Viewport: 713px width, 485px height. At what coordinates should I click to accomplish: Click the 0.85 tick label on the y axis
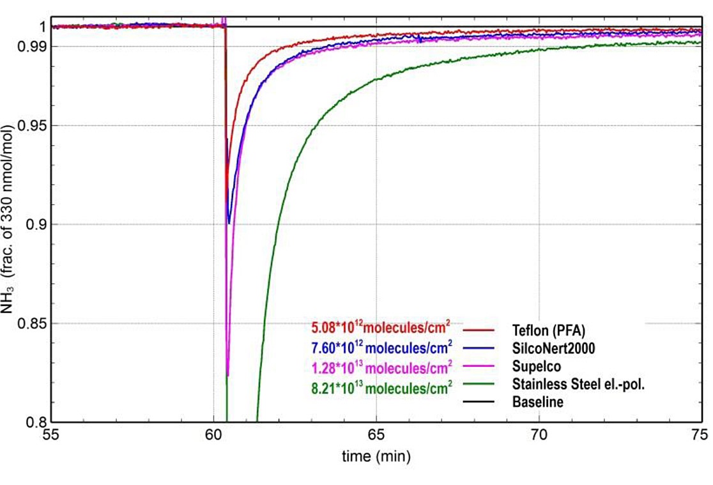point(29,323)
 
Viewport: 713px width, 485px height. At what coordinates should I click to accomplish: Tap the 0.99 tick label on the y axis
point(29,46)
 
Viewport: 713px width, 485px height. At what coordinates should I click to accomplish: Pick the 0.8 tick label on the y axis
point(33,422)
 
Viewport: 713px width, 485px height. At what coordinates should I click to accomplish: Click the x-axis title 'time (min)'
point(376,456)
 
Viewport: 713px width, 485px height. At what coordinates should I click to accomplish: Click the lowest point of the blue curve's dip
point(229,223)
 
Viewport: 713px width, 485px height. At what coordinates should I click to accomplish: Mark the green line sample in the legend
point(479,384)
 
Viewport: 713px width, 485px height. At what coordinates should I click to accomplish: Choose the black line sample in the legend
point(479,402)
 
